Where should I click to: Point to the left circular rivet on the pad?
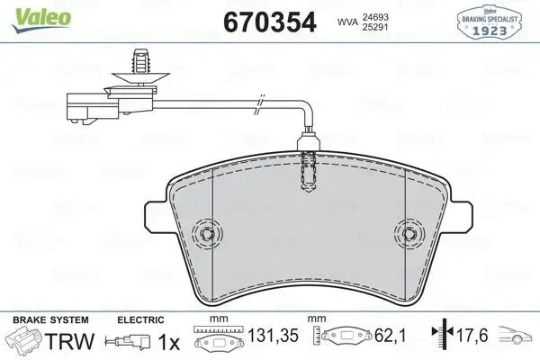tap(208, 234)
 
